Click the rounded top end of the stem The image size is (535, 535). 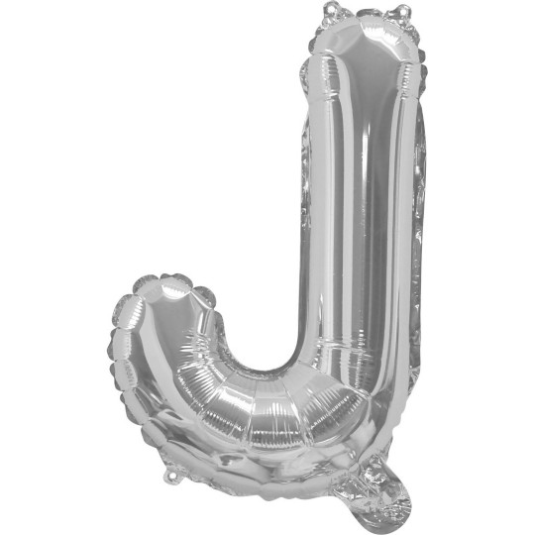point(365,45)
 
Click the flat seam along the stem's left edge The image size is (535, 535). point(304,198)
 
